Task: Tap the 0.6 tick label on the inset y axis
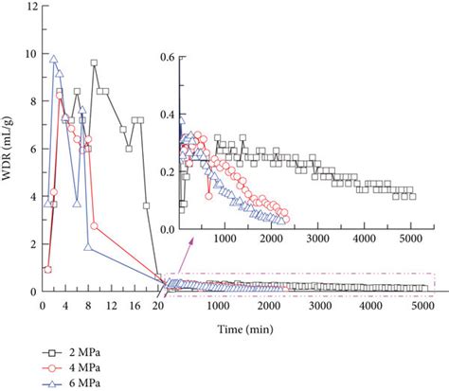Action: click(x=167, y=57)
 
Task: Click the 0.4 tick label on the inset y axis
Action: click(x=167, y=115)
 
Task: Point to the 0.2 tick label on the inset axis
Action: click(x=167, y=172)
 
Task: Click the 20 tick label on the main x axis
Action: click(x=158, y=306)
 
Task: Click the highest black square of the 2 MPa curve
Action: click(x=95, y=63)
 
